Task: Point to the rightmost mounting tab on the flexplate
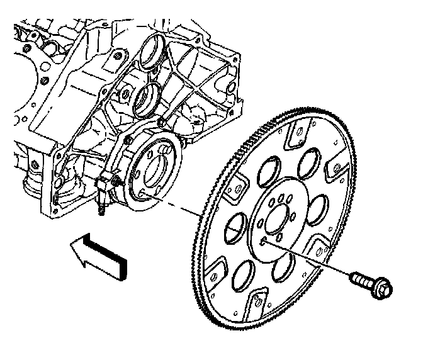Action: (336, 167)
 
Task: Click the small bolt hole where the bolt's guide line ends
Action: (264, 241)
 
